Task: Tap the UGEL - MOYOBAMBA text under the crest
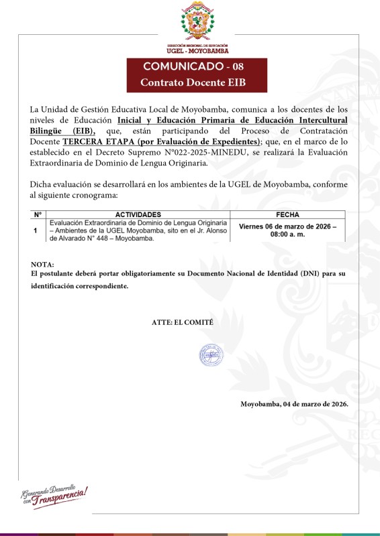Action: (197, 50)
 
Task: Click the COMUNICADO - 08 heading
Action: (197, 66)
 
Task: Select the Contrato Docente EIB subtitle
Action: (197, 82)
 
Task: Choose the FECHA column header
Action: (287, 214)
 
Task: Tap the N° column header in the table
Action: (38, 214)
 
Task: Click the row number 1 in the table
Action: (35, 230)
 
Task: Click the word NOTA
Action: (42, 265)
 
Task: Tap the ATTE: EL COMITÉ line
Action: (183, 322)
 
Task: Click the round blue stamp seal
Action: (209, 355)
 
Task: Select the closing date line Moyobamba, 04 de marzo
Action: (294, 404)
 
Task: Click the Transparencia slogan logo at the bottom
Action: (54, 494)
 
